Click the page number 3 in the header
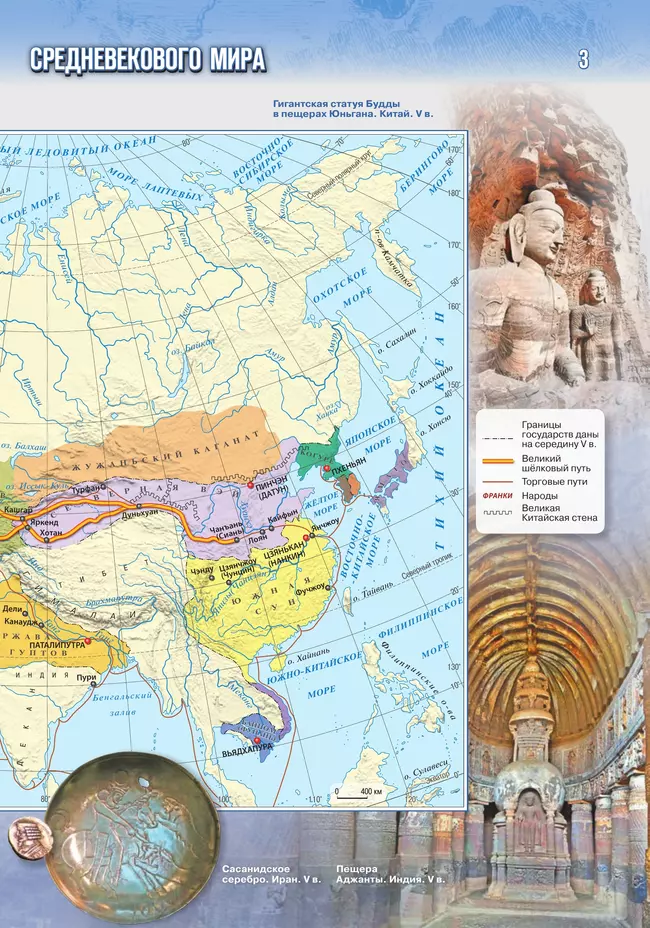583,60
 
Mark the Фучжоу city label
312,588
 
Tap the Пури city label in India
87,678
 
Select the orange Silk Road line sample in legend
497,461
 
